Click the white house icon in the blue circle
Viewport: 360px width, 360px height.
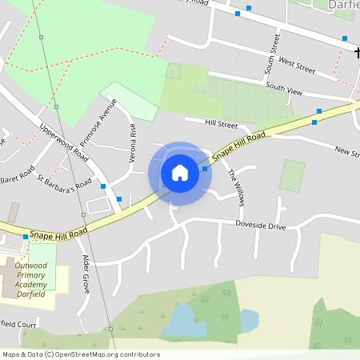(x=180, y=172)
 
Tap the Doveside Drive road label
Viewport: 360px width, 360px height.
(x=260, y=226)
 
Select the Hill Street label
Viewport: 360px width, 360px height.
(x=222, y=125)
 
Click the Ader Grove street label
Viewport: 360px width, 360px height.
(x=86, y=273)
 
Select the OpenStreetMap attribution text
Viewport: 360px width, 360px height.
(x=81, y=354)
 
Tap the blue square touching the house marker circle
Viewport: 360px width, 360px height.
(x=205, y=168)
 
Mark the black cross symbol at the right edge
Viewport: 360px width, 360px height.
(x=357, y=53)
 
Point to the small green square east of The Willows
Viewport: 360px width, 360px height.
(x=292, y=175)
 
